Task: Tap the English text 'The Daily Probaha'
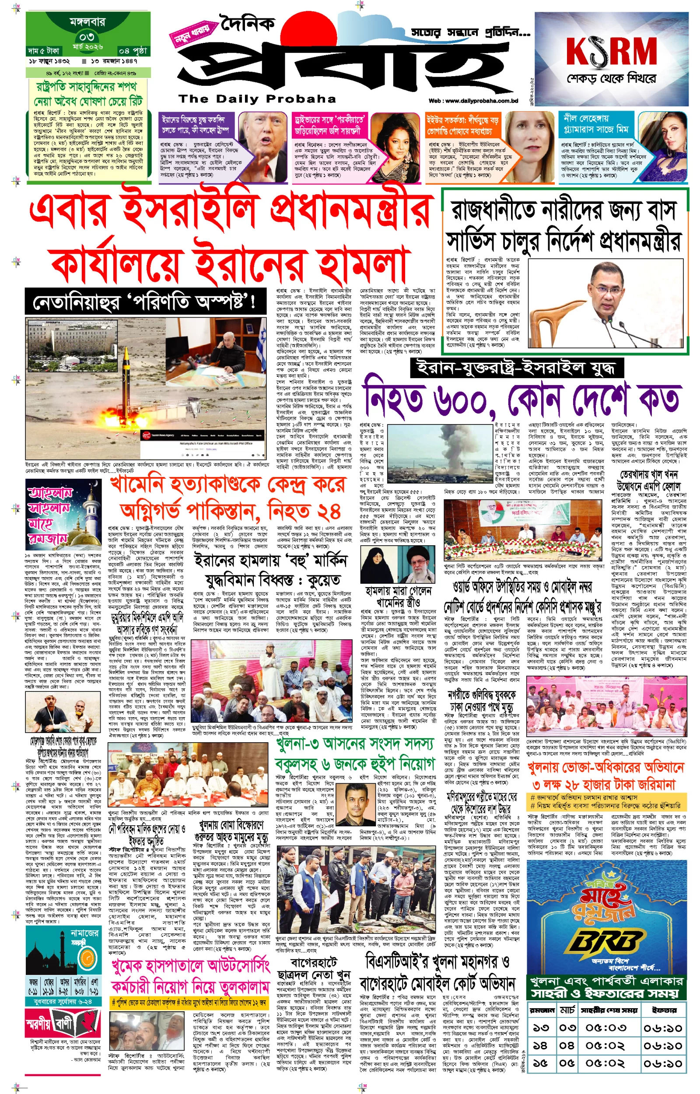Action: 257,98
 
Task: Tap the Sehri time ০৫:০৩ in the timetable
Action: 605,1028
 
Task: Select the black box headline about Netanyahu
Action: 145,302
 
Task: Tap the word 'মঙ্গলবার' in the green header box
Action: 87,21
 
